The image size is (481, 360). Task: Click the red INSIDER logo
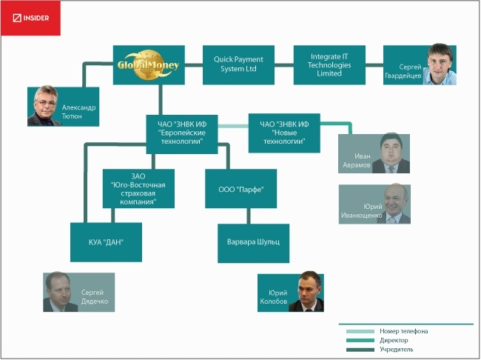pos(30,18)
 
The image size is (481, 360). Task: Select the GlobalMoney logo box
pos(149,64)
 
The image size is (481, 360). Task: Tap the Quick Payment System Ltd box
pos(238,64)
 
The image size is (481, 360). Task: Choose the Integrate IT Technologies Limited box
pos(329,64)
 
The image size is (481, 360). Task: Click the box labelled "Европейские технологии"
pos(182,134)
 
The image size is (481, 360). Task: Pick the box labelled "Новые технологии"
pos(284,133)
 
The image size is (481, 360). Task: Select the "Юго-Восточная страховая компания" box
pos(138,189)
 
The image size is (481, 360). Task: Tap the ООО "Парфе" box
pos(240,189)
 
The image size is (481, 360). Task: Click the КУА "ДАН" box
pos(106,242)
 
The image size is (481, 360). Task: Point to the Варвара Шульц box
pos(253,243)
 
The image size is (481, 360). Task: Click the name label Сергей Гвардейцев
pos(403,71)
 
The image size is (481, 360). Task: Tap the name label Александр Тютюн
pos(79,112)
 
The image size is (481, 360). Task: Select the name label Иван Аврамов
pos(357,160)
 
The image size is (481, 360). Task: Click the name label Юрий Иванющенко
pos(362,210)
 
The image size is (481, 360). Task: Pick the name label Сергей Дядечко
pos(95,297)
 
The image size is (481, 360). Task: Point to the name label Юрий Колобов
pos(274,297)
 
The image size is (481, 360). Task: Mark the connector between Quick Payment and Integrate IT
pos(284,64)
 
